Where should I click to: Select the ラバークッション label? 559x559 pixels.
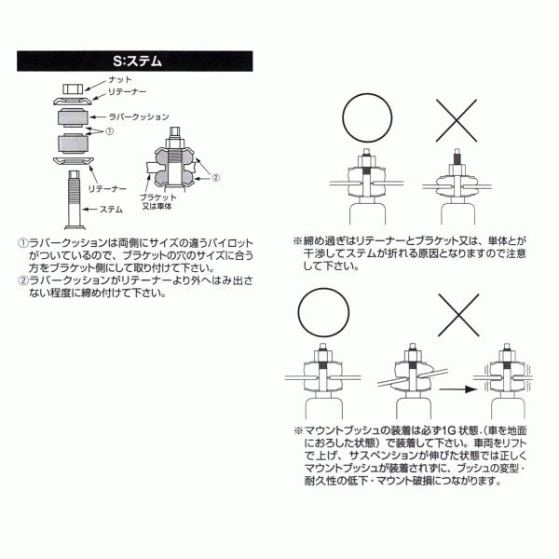pos(141,117)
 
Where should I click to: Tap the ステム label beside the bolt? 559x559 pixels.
pos(112,210)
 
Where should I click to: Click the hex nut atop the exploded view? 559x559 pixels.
pos(68,89)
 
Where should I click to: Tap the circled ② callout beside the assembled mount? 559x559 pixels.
pos(215,177)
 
